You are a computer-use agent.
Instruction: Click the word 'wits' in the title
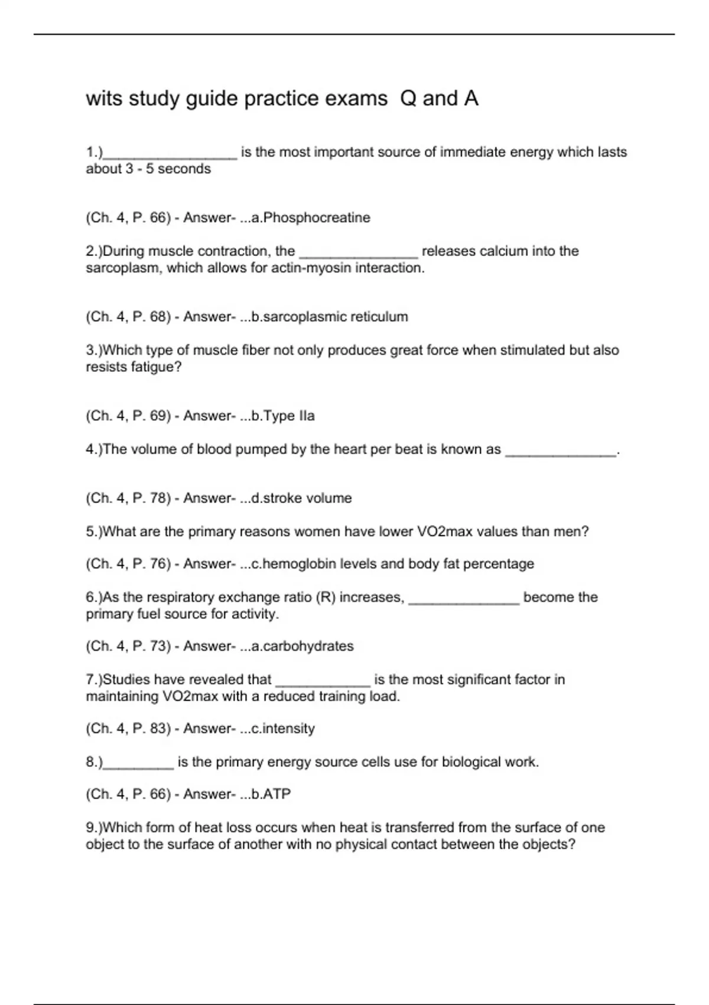[x=103, y=98]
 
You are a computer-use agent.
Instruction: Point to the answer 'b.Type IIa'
[x=283, y=416]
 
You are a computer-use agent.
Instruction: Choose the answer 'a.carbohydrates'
[x=303, y=646]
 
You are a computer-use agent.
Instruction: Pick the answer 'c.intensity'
[x=283, y=728]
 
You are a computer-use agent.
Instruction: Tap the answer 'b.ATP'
[x=271, y=794]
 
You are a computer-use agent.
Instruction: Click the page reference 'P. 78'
[x=151, y=498]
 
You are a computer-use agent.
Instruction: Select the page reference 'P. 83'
[x=151, y=728]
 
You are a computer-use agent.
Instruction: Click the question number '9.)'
[x=95, y=828]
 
